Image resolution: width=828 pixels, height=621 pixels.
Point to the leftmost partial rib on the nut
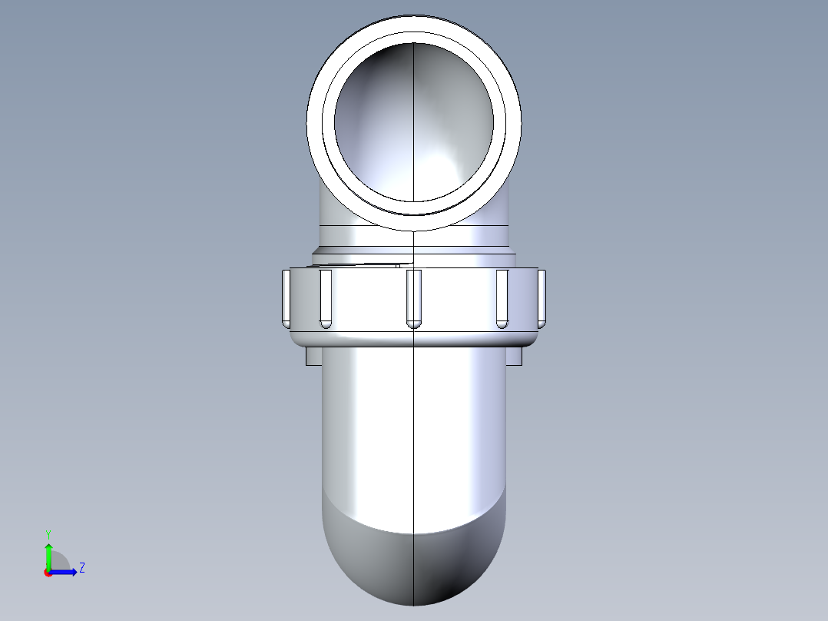286,296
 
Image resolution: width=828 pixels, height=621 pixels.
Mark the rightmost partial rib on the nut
542,296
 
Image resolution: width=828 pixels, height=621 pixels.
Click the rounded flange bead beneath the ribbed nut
414,338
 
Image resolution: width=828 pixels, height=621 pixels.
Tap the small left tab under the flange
313,357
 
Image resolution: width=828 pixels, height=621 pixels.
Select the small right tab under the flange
514,357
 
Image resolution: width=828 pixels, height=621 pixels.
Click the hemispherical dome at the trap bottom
414,565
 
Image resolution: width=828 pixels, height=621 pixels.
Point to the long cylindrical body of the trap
414,430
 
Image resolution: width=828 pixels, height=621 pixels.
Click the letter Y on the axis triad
48,533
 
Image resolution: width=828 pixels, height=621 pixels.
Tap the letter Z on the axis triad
81,568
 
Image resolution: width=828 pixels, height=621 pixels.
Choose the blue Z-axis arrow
65,572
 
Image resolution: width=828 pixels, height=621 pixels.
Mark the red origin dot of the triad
48,573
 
